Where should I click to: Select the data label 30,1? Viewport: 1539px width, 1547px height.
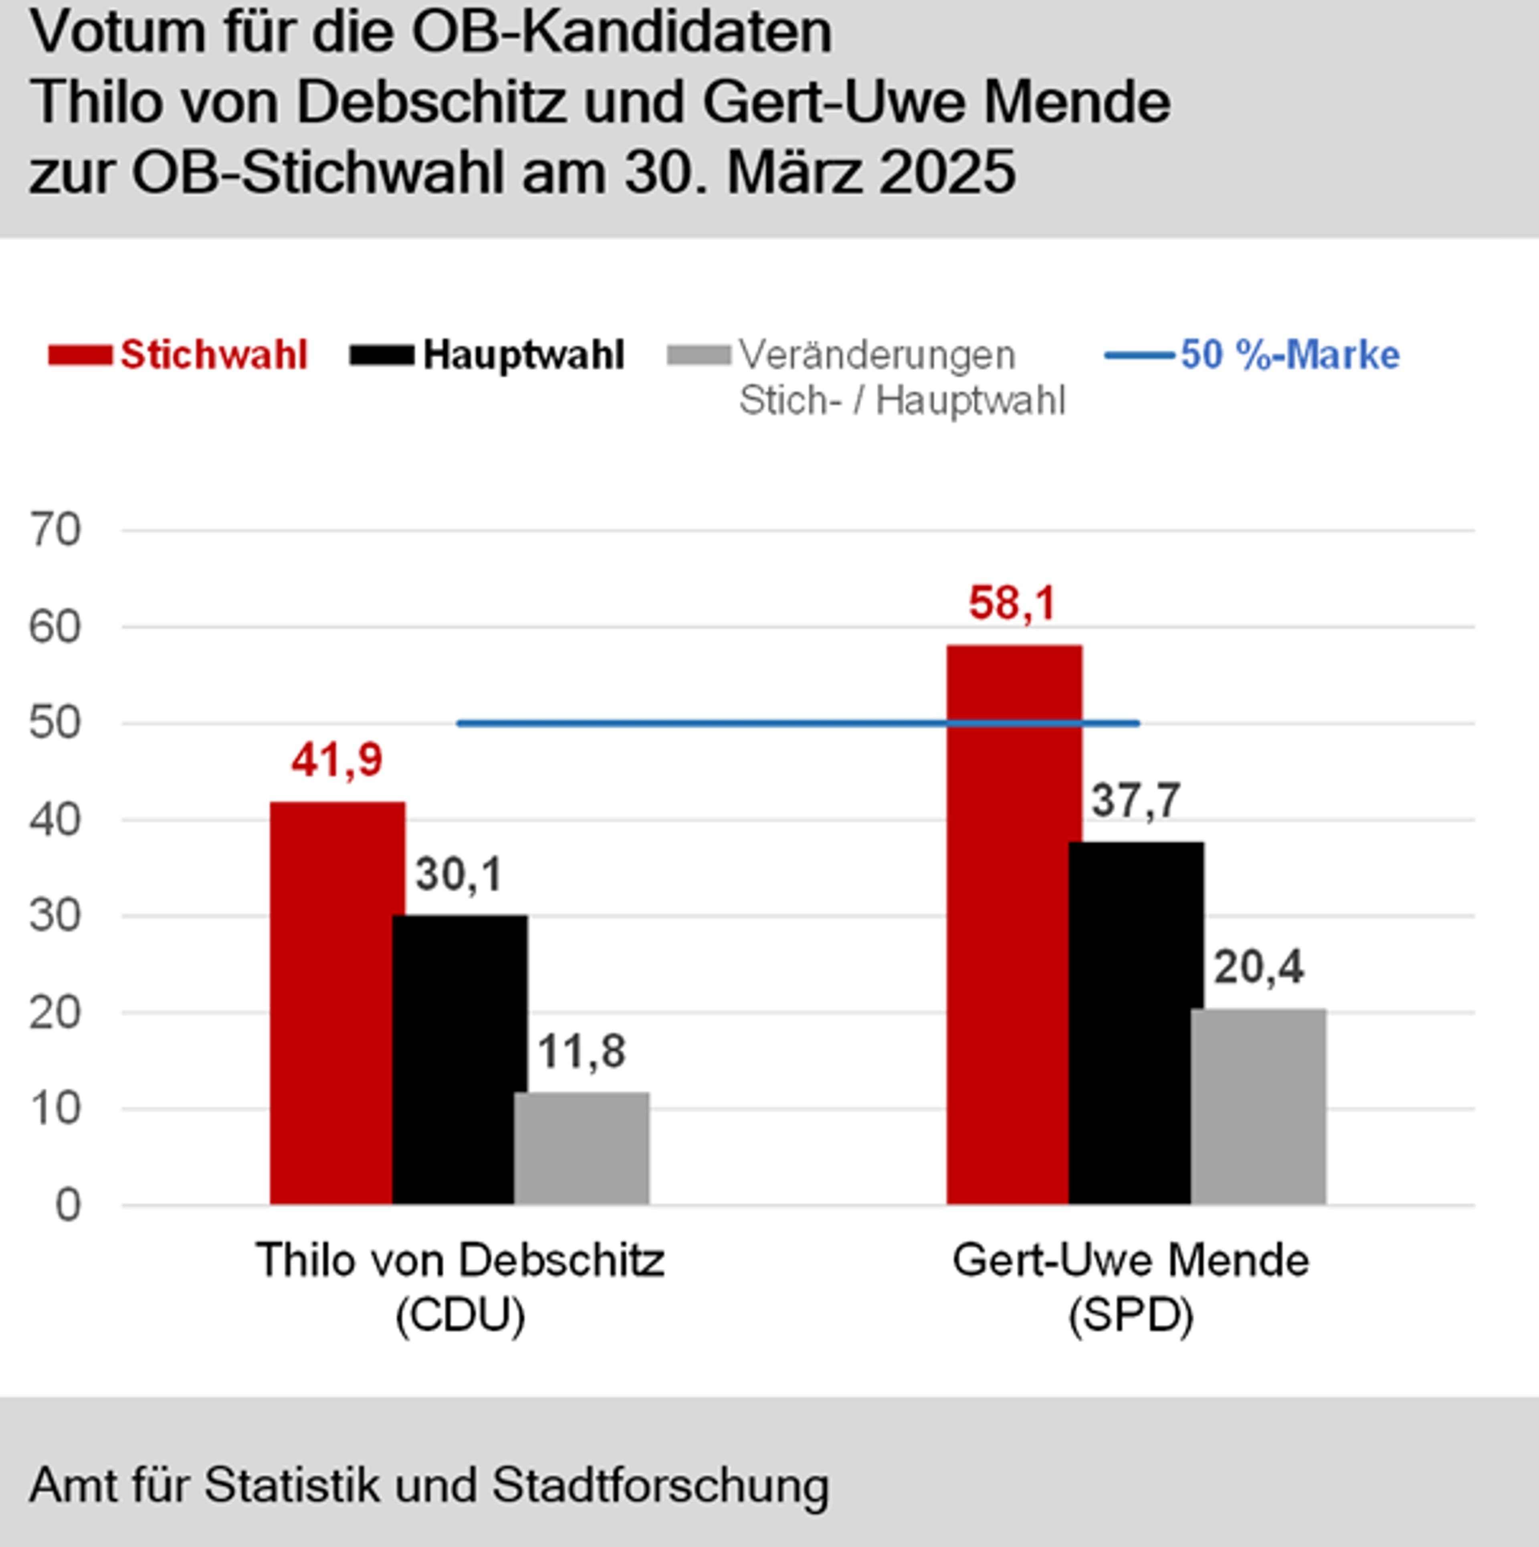(x=459, y=874)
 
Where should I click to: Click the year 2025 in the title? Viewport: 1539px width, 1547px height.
(x=947, y=172)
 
